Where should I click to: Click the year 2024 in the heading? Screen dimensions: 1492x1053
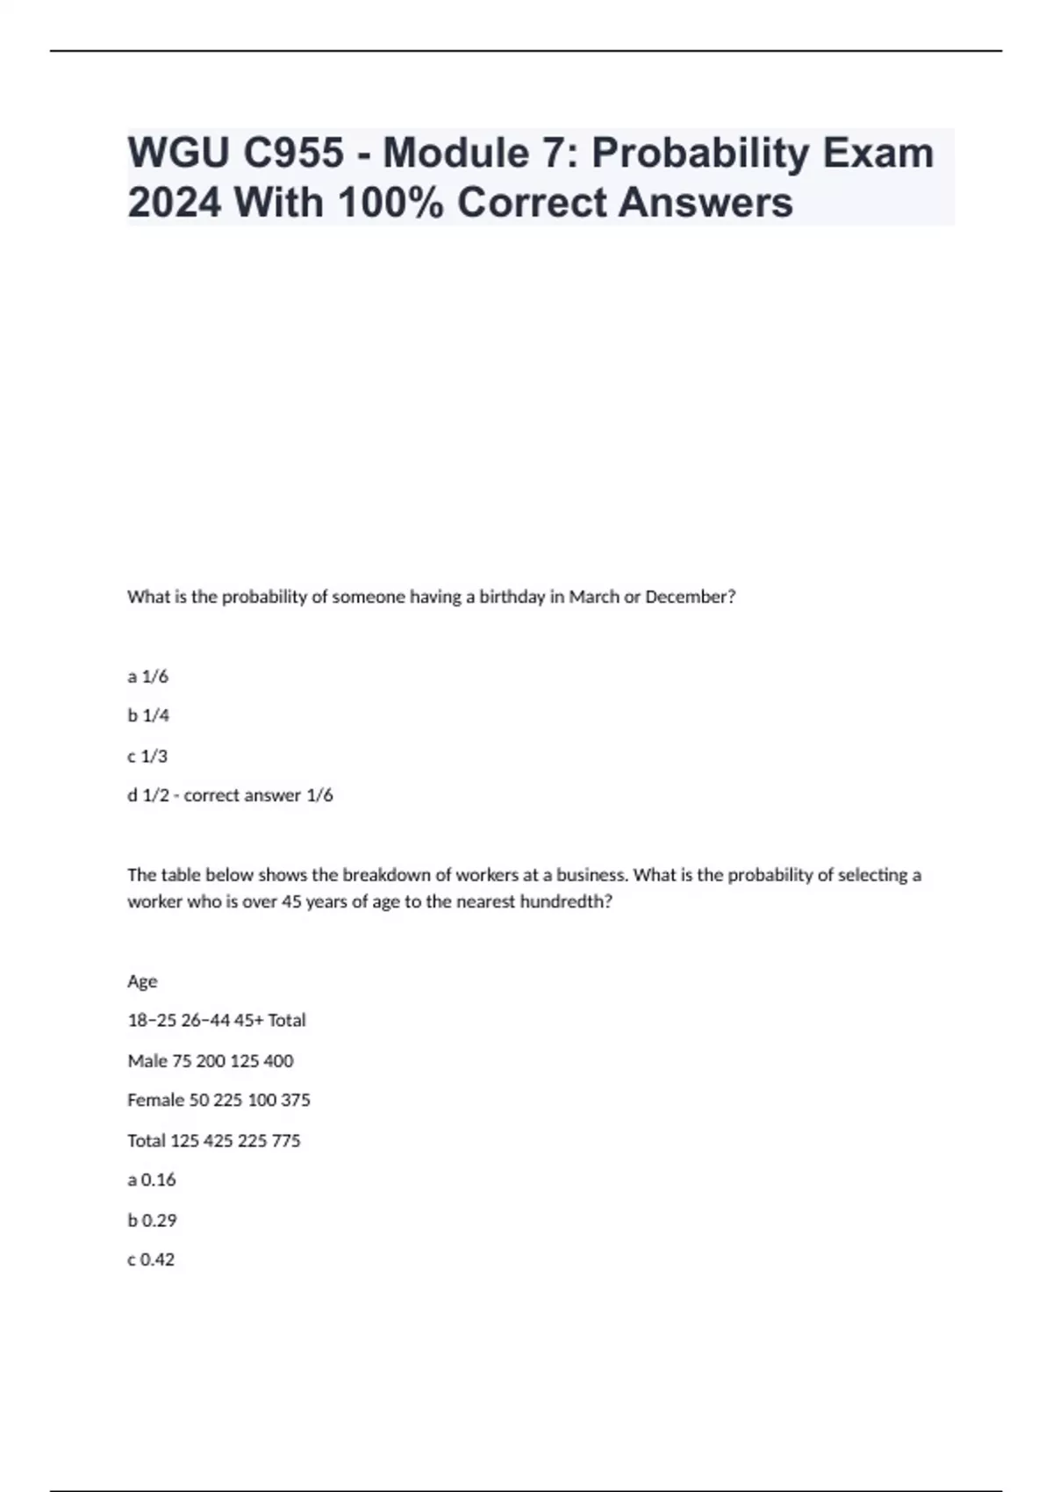[175, 203]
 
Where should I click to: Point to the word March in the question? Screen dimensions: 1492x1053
[594, 597]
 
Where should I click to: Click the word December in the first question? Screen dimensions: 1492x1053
[690, 597]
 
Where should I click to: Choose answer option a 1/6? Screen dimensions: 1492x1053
[147, 677]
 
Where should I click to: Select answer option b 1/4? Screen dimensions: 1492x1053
[148, 716]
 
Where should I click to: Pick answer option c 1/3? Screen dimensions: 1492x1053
[147, 756]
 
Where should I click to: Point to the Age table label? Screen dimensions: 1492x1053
[142, 981]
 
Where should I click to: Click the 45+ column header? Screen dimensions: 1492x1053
[248, 1021]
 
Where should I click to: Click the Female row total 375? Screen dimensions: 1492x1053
[296, 1100]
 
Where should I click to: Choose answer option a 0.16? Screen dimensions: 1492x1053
[152, 1180]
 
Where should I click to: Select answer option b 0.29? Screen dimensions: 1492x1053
[152, 1220]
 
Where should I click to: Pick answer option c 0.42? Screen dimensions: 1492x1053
[151, 1259]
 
